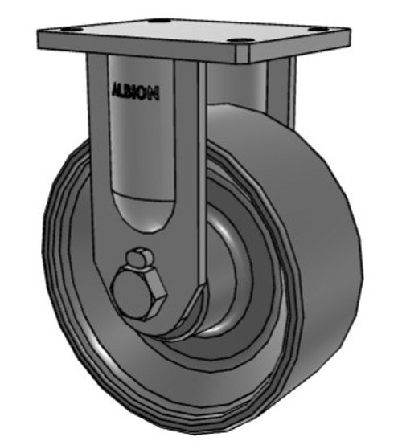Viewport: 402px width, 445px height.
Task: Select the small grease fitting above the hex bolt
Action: point(139,258)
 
